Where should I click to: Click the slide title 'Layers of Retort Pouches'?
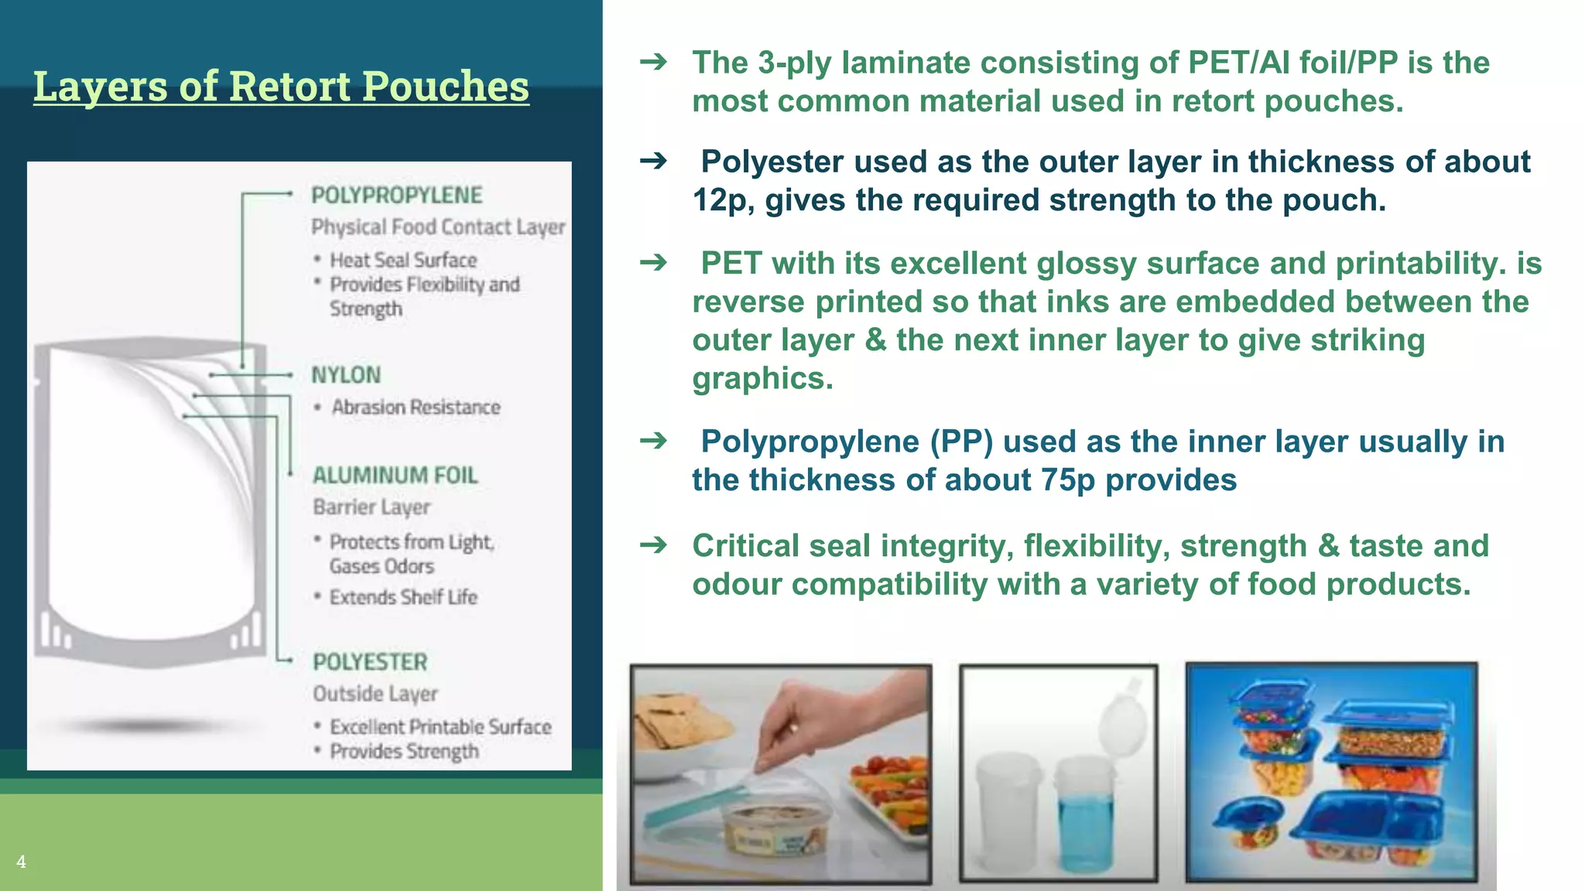tap(281, 85)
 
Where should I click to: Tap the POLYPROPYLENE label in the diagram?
tap(396, 195)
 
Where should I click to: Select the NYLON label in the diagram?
tap(346, 375)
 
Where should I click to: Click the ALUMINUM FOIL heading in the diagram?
tap(395, 475)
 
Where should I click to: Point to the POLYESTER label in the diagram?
tap(370, 662)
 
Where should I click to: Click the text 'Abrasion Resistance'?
tap(416, 407)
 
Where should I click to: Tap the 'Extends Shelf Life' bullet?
tap(402, 597)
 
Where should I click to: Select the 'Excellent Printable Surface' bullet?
tap(440, 727)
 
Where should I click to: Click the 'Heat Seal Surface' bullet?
tap(402, 260)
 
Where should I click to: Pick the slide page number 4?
tap(21, 862)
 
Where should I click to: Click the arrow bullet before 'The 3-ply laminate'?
tap(653, 62)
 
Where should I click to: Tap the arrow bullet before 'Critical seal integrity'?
tap(653, 545)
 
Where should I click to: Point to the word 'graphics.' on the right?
tap(762, 378)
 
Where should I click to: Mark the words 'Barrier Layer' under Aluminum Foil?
tap(371, 507)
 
